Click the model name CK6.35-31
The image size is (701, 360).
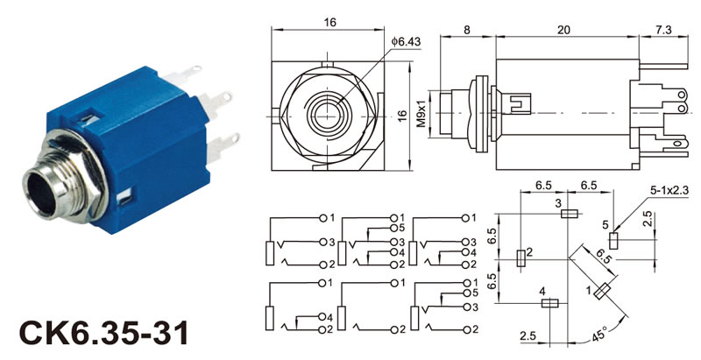[x=103, y=334]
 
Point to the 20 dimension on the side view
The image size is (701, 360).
[x=564, y=29]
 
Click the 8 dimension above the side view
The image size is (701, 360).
[x=466, y=29]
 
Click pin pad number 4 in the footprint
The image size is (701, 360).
[x=550, y=303]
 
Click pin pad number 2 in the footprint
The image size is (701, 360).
[x=521, y=257]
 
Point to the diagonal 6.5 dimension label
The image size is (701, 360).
[x=603, y=256]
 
